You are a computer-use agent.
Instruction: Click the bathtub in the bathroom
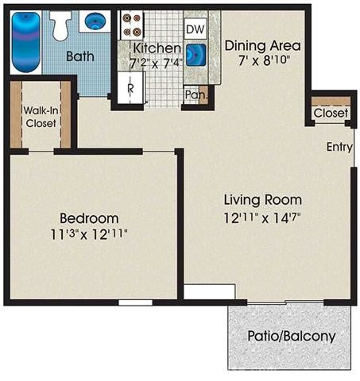[26, 42]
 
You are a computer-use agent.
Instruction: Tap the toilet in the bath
[60, 25]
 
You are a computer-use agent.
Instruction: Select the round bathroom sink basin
[95, 21]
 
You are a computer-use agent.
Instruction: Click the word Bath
[80, 56]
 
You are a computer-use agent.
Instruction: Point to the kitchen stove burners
[132, 25]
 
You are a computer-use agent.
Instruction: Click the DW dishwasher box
[195, 29]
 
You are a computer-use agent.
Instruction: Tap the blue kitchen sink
[196, 55]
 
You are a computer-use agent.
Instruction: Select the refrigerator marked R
[130, 87]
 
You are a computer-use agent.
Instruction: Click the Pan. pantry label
[196, 94]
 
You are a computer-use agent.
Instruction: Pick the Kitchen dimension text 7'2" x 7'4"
[157, 63]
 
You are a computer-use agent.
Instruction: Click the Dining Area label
[262, 46]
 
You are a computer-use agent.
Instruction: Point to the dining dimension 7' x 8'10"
[264, 60]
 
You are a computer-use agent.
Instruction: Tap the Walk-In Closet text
[41, 117]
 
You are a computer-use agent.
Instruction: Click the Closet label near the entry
[331, 113]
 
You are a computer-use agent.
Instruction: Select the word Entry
[339, 147]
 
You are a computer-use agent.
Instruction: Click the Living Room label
[263, 200]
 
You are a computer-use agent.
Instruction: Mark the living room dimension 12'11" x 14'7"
[262, 218]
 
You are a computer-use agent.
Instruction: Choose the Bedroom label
[89, 218]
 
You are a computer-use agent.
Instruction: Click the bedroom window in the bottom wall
[135, 302]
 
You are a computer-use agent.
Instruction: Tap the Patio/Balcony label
[292, 337]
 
